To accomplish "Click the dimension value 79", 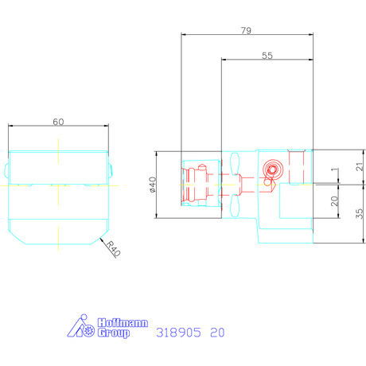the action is (246, 30).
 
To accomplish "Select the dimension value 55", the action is (267, 56).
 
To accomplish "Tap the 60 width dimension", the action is (58, 122).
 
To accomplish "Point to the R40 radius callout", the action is (114, 249).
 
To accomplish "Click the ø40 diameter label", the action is (153, 185).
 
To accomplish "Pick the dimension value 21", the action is (360, 166).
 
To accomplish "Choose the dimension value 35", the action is (360, 213).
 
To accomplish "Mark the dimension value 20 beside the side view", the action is (335, 201).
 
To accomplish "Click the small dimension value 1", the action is (335, 169).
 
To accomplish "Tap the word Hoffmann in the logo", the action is (123, 323).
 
